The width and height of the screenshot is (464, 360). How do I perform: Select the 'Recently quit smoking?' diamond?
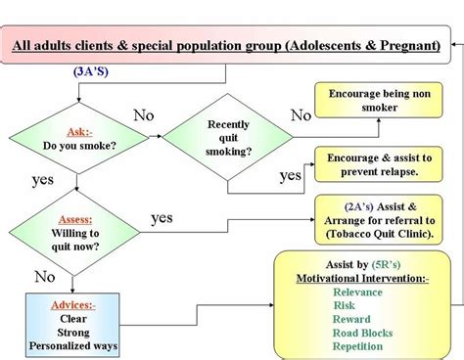point(227,138)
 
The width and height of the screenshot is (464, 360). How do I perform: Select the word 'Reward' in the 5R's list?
point(351,319)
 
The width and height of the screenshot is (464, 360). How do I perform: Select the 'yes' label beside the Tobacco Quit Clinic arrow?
point(162,217)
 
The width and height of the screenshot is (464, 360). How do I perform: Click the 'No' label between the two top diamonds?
point(144,116)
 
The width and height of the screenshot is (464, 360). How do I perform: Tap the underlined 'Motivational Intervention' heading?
point(361,278)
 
